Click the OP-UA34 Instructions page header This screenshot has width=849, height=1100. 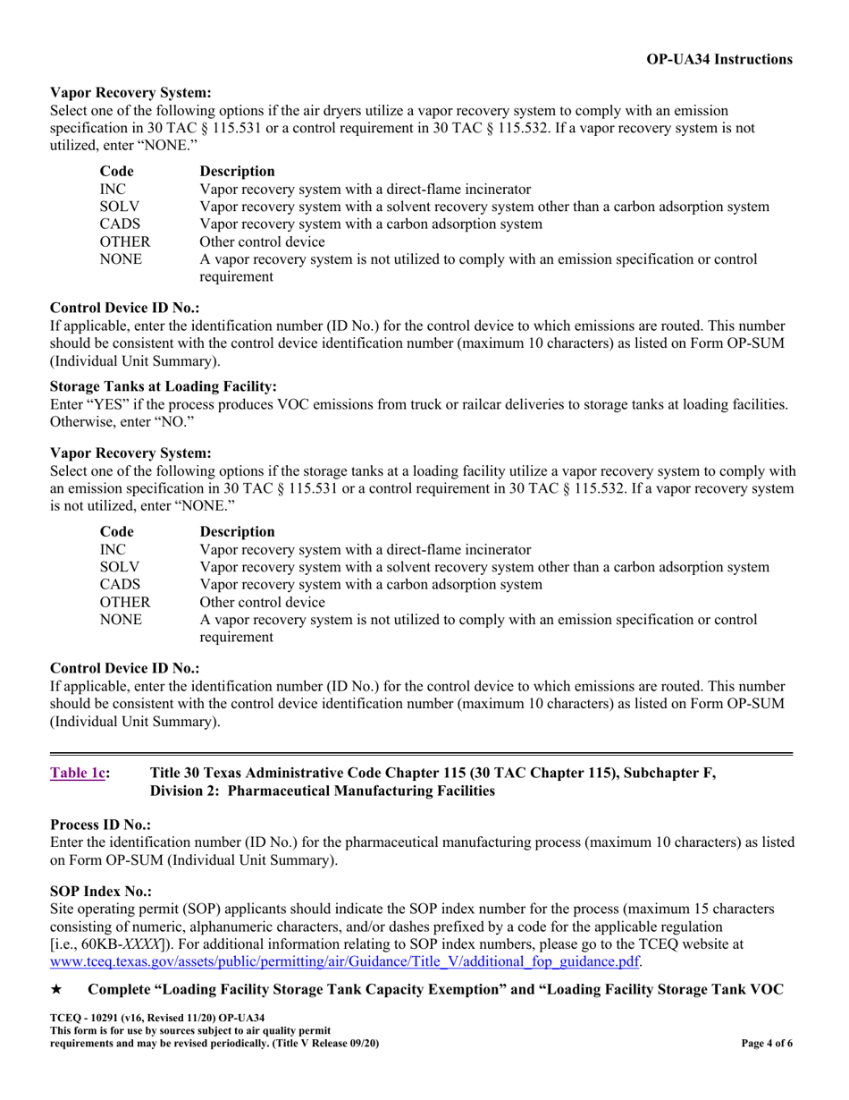point(719,59)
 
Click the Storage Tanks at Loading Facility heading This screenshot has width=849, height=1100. point(164,386)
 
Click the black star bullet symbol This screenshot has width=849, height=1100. point(56,990)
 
